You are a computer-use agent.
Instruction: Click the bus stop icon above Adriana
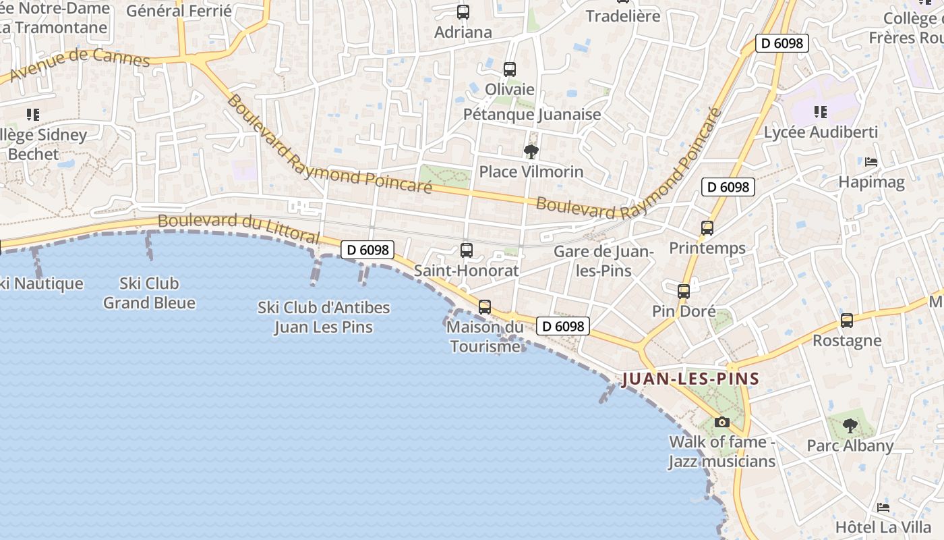click(463, 11)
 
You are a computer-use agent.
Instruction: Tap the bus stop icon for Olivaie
click(510, 69)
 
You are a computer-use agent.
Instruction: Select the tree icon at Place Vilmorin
click(531, 151)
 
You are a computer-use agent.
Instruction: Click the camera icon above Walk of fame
click(722, 422)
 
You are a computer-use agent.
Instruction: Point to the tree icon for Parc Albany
click(850, 425)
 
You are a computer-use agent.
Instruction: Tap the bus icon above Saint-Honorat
click(466, 250)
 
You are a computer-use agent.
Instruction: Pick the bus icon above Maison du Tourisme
click(484, 307)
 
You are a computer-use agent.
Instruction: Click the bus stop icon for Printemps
click(707, 228)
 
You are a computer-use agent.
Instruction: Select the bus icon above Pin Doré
click(684, 292)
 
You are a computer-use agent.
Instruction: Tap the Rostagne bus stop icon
click(847, 321)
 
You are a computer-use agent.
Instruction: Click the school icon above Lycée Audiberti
click(820, 112)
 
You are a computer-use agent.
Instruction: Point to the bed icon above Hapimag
click(871, 162)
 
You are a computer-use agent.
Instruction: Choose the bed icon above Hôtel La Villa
click(883, 508)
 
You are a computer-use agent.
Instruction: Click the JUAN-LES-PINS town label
click(690, 379)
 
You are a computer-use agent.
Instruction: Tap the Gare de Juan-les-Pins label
click(603, 261)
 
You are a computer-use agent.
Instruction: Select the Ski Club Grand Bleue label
click(149, 293)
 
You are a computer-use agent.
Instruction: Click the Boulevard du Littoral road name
click(238, 228)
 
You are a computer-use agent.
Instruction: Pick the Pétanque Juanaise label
click(532, 115)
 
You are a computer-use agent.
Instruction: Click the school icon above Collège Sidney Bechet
click(32, 115)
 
